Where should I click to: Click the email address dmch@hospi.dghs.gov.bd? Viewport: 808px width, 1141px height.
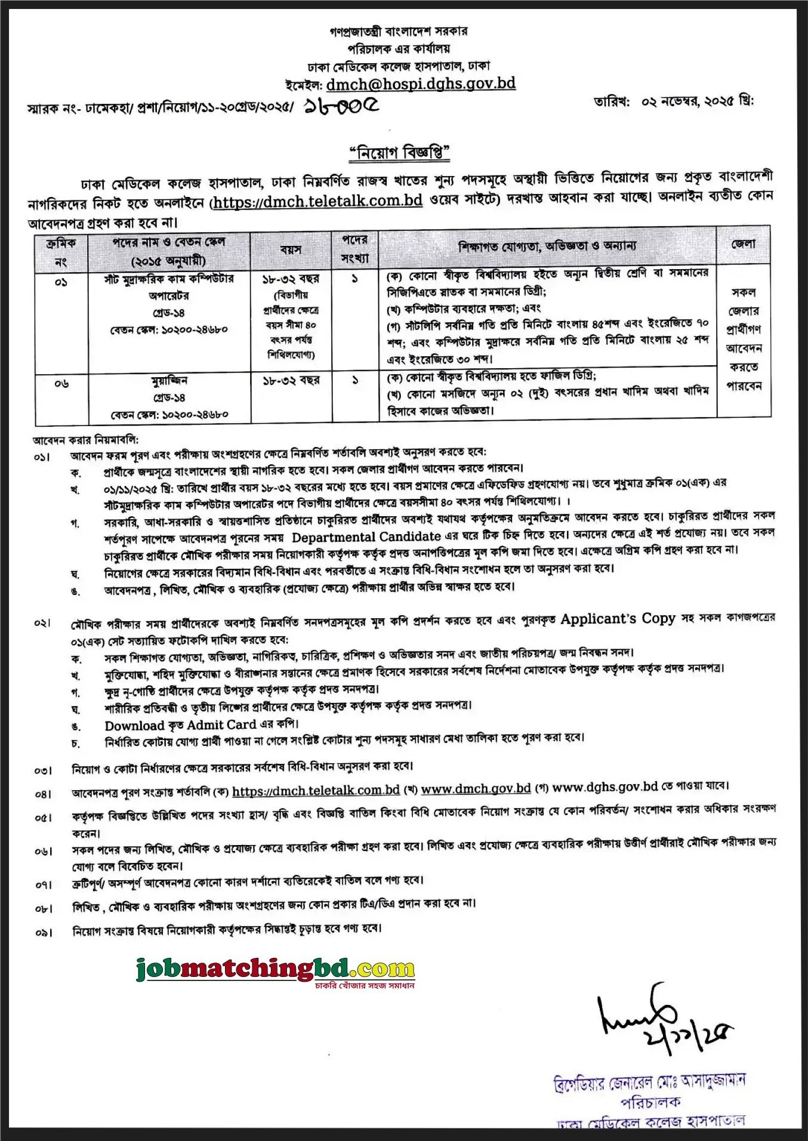coord(421,84)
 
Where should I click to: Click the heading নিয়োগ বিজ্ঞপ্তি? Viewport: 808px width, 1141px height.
coord(399,153)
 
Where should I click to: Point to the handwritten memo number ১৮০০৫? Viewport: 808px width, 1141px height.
coord(341,106)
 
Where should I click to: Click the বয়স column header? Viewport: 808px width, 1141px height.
coord(291,250)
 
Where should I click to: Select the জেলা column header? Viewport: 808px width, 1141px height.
coord(743,244)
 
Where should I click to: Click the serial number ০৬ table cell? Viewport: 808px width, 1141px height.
coord(61,384)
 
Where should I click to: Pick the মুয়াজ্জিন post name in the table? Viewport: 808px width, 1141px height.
coord(169,380)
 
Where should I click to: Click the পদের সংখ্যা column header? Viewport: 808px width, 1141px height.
coord(355,249)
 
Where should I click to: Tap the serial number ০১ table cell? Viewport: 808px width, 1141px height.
coord(61,282)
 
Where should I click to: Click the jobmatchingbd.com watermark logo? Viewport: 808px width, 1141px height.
coord(276,969)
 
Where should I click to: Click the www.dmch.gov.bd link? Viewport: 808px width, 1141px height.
coord(476,788)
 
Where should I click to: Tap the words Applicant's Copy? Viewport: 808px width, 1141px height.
coord(618,619)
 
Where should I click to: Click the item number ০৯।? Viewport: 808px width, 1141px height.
coord(44,932)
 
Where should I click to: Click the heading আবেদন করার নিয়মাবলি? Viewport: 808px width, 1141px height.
coord(85,440)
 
